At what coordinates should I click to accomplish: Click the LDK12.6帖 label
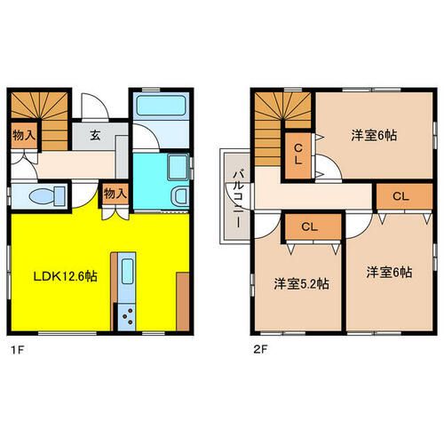(x=53, y=276)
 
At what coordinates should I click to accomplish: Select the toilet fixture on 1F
(x=44, y=196)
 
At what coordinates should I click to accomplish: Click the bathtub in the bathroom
(x=160, y=115)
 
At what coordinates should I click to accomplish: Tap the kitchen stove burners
(x=124, y=315)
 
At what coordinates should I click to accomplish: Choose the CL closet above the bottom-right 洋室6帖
(x=400, y=195)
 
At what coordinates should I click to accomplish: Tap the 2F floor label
(x=258, y=349)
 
